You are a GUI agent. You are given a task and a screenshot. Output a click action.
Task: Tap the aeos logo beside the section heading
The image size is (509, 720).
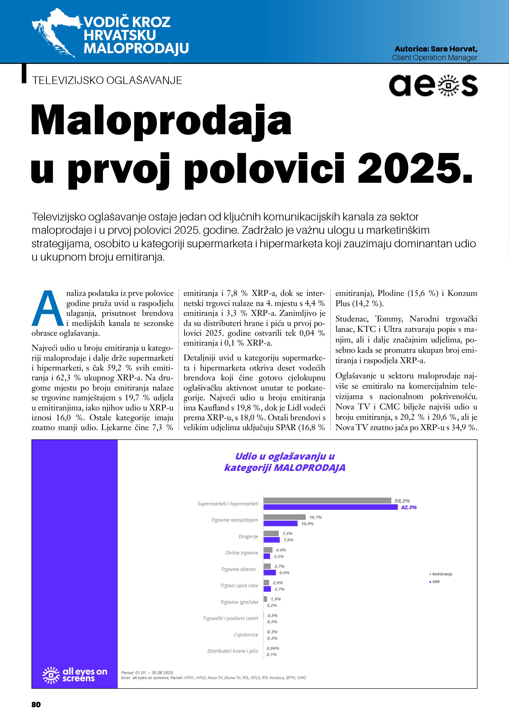coord(433,85)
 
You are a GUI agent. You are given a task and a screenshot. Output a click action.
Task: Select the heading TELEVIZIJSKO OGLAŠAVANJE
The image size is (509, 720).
coord(107,81)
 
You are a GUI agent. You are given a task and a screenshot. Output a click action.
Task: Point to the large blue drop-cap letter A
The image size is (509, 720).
coord(48,309)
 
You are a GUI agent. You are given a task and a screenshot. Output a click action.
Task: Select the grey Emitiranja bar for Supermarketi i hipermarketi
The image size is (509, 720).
coord(327,501)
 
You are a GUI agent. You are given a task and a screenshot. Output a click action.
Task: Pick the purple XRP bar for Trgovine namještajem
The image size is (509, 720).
coord(280,523)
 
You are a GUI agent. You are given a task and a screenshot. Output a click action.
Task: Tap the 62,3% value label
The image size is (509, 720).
coord(409,507)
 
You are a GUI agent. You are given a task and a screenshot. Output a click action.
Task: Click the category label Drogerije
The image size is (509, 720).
coord(248,536)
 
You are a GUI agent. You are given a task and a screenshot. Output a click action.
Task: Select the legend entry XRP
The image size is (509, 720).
coord(436,582)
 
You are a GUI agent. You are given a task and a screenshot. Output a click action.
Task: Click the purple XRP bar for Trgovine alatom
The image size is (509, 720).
coord(270,573)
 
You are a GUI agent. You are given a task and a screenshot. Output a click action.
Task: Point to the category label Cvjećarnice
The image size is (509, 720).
coord(246,635)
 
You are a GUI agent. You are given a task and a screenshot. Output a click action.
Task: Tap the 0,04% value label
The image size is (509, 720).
coord(273,648)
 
